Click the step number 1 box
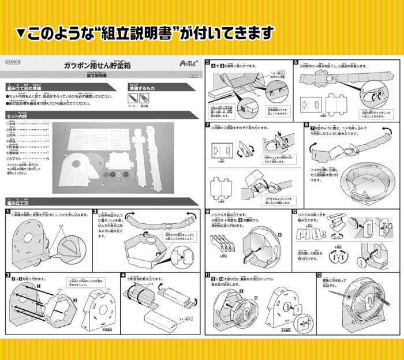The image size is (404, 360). (x=9, y=212)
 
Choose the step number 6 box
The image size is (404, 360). (x=295, y=63)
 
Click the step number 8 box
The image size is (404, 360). (x=306, y=125)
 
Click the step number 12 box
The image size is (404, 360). (x=319, y=275)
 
